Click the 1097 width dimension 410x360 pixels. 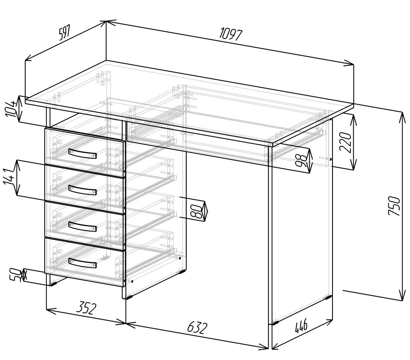231,34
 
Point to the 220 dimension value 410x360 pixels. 345,143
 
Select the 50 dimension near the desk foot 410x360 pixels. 15,275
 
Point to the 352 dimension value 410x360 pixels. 87,308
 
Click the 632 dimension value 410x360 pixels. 197,328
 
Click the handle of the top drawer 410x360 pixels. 82,154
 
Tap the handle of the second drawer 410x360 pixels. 82,190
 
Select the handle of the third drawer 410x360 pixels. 82,227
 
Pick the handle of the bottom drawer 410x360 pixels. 82,263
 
